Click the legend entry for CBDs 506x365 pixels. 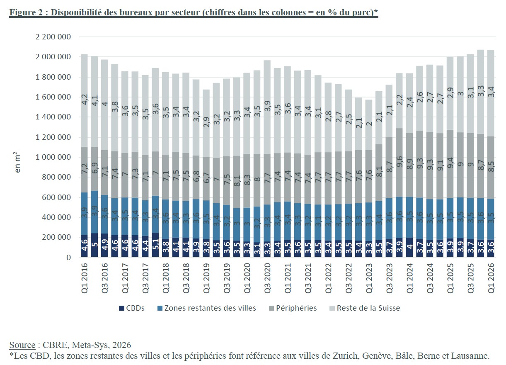(131, 308)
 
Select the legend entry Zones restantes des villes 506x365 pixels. (207, 308)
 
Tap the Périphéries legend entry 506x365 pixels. (293, 308)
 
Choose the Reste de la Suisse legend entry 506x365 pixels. (365, 308)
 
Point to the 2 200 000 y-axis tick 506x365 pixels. (53, 36)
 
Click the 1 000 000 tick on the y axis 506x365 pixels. (53, 157)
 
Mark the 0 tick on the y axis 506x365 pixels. (69, 257)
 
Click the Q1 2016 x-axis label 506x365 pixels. (84, 278)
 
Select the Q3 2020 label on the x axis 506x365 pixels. (267, 278)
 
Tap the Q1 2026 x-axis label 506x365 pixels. (491, 278)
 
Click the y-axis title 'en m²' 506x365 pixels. (17, 162)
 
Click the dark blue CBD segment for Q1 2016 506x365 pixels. (84, 246)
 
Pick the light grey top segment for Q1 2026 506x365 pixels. (491, 93)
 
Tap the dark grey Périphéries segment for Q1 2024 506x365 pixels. (409, 165)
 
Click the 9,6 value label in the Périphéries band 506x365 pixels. (399, 161)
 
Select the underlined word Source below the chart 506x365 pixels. (22, 345)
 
